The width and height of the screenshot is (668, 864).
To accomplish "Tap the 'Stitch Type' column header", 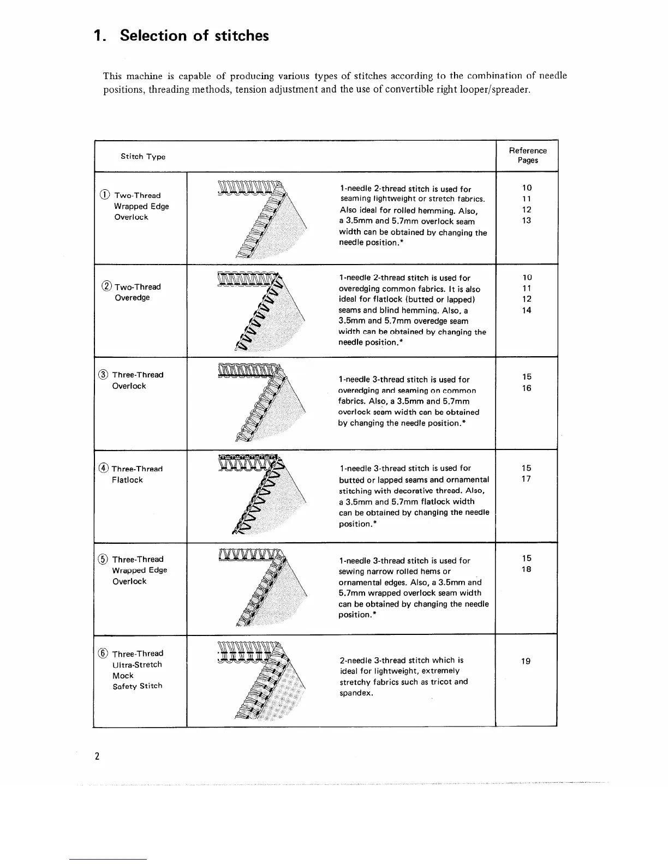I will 143,157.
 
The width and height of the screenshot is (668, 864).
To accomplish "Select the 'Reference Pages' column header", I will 528,155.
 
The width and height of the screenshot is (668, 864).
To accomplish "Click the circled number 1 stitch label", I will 105,195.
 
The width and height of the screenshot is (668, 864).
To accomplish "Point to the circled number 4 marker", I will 104,469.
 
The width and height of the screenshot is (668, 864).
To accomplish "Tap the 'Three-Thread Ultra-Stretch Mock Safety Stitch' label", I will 137,669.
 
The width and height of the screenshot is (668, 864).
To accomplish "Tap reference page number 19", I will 526,662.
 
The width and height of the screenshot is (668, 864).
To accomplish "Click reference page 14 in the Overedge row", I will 527,310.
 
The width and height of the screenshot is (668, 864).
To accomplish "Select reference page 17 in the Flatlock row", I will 526,479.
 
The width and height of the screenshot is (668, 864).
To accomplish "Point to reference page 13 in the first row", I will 526,220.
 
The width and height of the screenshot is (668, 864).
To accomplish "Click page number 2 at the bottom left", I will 97,756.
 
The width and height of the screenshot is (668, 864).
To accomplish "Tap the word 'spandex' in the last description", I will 355,693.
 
